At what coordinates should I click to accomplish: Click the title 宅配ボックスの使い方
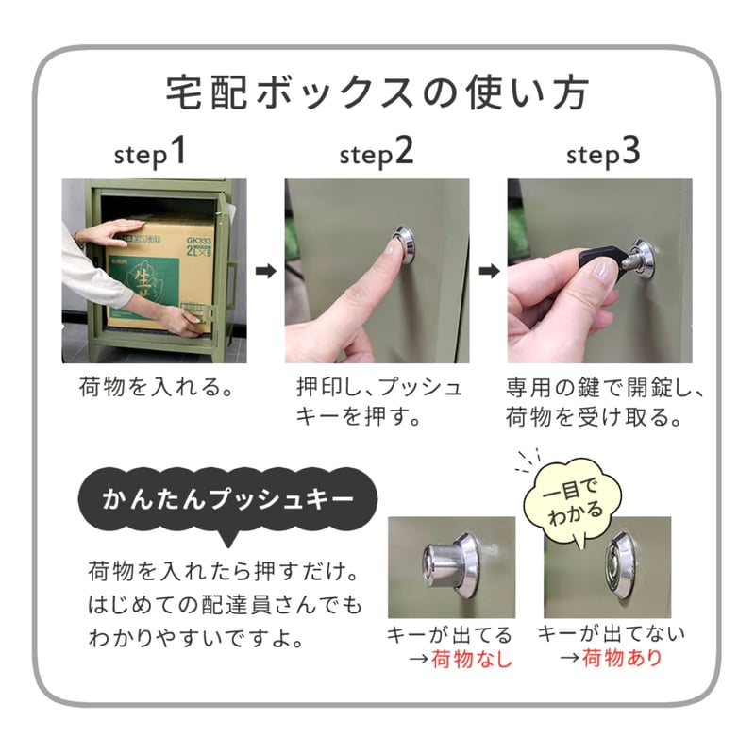coord(377,94)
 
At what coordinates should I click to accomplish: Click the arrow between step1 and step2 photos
coord(266,272)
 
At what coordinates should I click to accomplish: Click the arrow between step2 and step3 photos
coord(489,272)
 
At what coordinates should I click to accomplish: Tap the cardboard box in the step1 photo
coord(160,274)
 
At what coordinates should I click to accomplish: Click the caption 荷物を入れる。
coord(156,388)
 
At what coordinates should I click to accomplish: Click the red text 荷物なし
coord(472,660)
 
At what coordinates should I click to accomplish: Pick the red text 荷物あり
coord(622,658)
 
